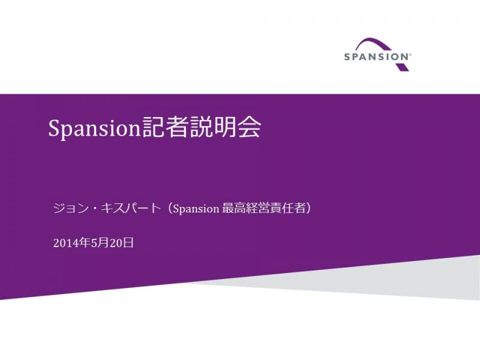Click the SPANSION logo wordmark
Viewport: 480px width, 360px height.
(377, 57)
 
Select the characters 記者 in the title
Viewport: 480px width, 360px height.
(164, 127)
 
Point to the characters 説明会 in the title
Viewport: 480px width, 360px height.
(224, 127)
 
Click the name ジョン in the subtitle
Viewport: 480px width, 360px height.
(71, 208)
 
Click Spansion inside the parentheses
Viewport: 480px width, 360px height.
(196, 209)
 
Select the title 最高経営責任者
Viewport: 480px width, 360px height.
(263, 208)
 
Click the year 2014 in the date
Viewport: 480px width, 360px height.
(65, 243)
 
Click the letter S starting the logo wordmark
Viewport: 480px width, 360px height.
(347, 57)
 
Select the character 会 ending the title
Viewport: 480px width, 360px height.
(250, 127)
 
